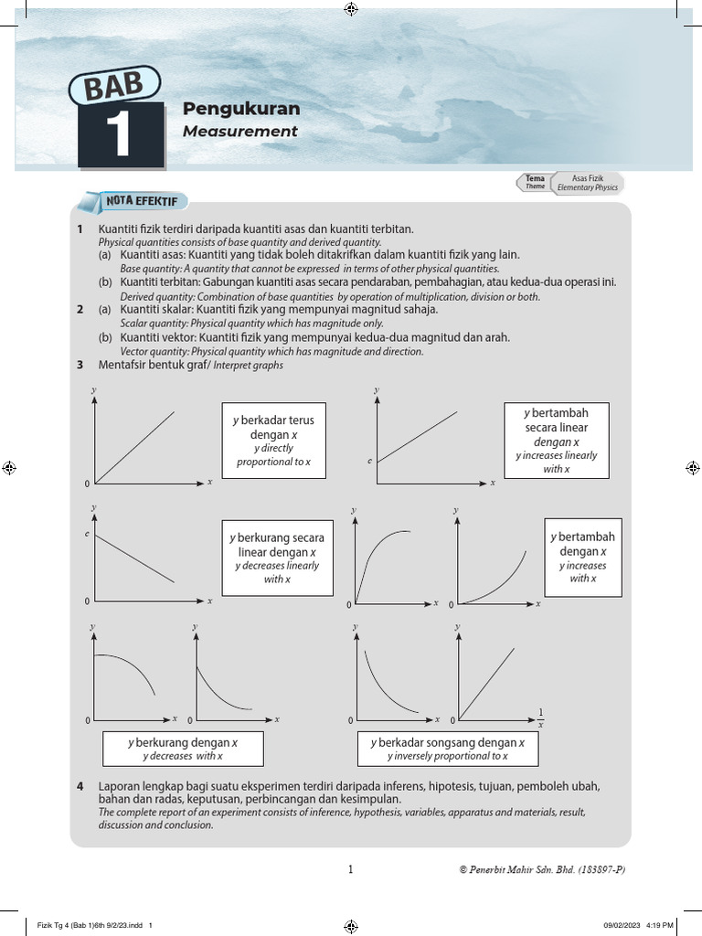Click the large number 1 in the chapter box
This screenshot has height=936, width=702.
(x=121, y=136)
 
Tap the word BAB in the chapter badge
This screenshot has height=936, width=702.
(x=113, y=90)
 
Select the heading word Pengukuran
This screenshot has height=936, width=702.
(x=241, y=109)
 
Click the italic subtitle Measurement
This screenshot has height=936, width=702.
(x=239, y=132)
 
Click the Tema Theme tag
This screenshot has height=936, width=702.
(x=535, y=183)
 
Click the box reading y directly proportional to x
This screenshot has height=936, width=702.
(x=273, y=441)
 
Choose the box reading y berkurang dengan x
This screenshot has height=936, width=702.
(x=182, y=749)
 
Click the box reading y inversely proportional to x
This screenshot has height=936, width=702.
(x=447, y=749)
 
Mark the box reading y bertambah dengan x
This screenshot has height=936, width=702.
(x=582, y=558)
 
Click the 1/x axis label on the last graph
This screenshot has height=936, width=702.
(x=540, y=718)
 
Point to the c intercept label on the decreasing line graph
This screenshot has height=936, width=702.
(x=88, y=533)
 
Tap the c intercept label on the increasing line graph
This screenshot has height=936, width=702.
(x=369, y=461)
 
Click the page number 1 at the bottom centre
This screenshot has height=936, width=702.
(x=351, y=870)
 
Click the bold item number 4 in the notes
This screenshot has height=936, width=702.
(x=80, y=786)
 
